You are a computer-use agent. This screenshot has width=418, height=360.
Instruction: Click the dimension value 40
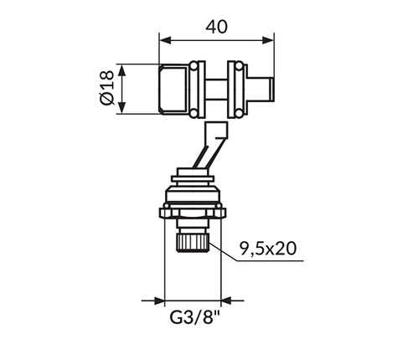(x=217, y=27)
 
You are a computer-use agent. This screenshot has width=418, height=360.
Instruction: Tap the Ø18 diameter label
(x=106, y=88)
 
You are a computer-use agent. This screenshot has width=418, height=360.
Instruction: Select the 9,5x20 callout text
(x=268, y=249)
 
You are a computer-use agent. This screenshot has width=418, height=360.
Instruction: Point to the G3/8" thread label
(x=195, y=317)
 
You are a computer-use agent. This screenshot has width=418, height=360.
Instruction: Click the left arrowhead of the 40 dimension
(x=165, y=40)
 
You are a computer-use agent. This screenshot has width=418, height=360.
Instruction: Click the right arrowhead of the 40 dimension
(x=268, y=40)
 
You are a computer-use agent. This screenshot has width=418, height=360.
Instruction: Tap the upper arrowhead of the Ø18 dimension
(x=121, y=70)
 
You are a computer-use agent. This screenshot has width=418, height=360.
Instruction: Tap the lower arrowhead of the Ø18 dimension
(x=121, y=108)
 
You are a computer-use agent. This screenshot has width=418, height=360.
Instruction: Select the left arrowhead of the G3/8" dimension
(x=159, y=301)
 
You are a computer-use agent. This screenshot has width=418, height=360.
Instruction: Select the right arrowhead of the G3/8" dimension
(x=227, y=301)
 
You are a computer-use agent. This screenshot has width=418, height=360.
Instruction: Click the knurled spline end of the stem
(x=193, y=243)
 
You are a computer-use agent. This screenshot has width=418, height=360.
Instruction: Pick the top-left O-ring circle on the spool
(x=194, y=66)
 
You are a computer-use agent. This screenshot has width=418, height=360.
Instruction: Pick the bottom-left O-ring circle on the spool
(x=194, y=113)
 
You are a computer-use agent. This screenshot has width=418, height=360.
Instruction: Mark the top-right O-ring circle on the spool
(x=239, y=66)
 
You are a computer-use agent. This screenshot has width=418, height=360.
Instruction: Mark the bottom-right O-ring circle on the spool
(x=239, y=113)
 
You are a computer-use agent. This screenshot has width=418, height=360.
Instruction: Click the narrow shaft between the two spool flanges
(x=217, y=89)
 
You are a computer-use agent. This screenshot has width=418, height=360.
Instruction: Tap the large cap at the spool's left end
(x=173, y=90)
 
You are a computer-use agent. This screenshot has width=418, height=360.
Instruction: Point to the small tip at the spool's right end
(x=271, y=90)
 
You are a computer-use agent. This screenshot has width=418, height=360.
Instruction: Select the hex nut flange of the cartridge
(x=193, y=213)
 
